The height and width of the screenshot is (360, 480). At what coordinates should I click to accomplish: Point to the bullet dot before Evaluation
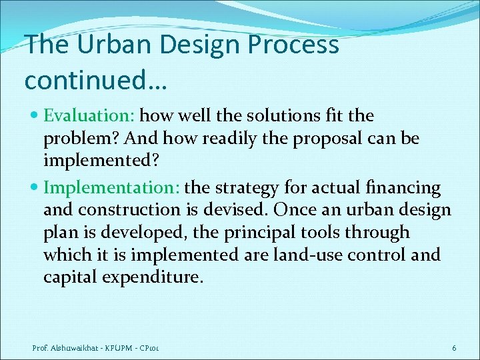coord(36,116)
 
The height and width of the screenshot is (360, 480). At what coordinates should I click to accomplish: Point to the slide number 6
coord(454,348)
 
